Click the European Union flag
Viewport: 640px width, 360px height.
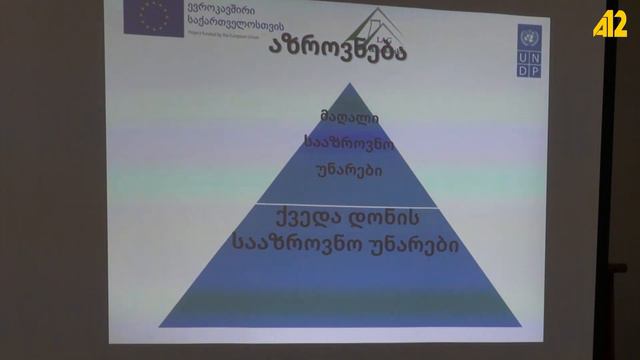(x=154, y=16)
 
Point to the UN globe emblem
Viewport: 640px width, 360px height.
(x=530, y=39)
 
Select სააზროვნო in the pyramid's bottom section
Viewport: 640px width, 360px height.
(x=288, y=243)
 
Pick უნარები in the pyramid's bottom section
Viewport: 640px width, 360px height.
(x=415, y=243)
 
